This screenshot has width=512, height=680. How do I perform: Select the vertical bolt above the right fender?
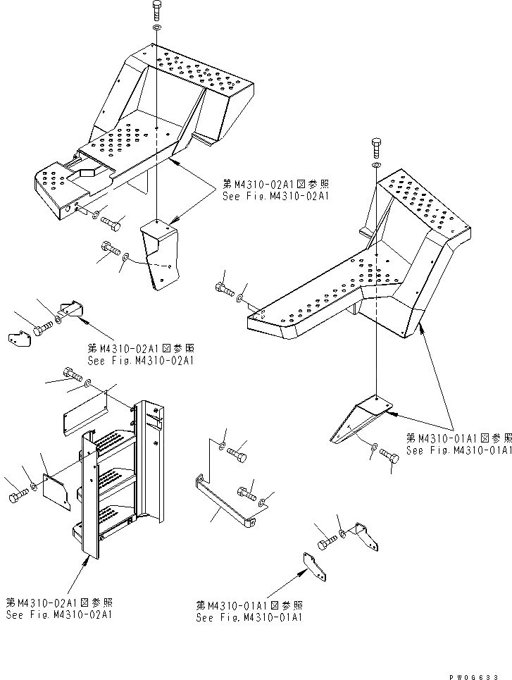click(x=376, y=149)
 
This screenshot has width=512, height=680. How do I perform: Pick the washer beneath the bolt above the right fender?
click(x=376, y=166)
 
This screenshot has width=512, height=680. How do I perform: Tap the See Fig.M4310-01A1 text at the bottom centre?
click(x=250, y=617)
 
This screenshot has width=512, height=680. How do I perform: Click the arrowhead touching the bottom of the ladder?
click(x=88, y=559)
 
